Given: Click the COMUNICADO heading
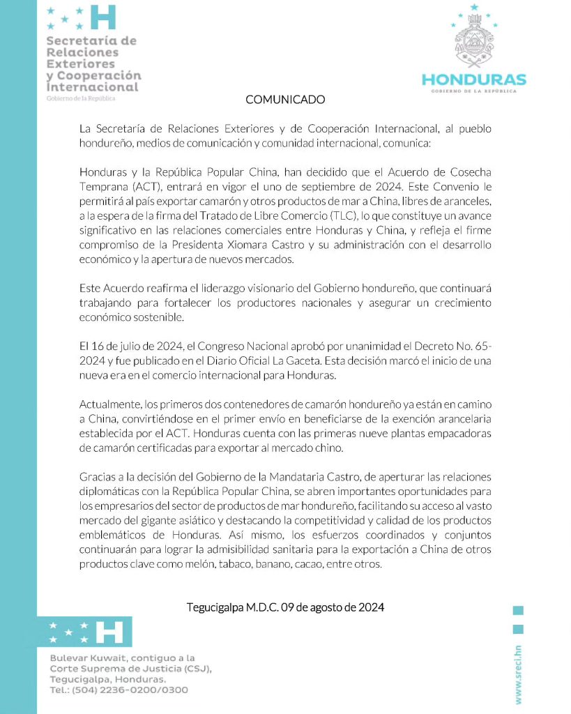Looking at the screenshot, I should click(285, 100).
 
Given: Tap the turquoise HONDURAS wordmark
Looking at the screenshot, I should click(474, 79).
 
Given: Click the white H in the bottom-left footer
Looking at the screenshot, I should click(109, 632).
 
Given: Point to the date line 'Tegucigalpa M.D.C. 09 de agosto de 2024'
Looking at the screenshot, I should click(285, 607).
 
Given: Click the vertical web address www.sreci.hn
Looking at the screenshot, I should click(519, 676).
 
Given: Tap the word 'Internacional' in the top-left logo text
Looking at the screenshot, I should click(93, 87).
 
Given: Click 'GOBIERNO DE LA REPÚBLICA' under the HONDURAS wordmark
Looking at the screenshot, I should click(474, 92).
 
